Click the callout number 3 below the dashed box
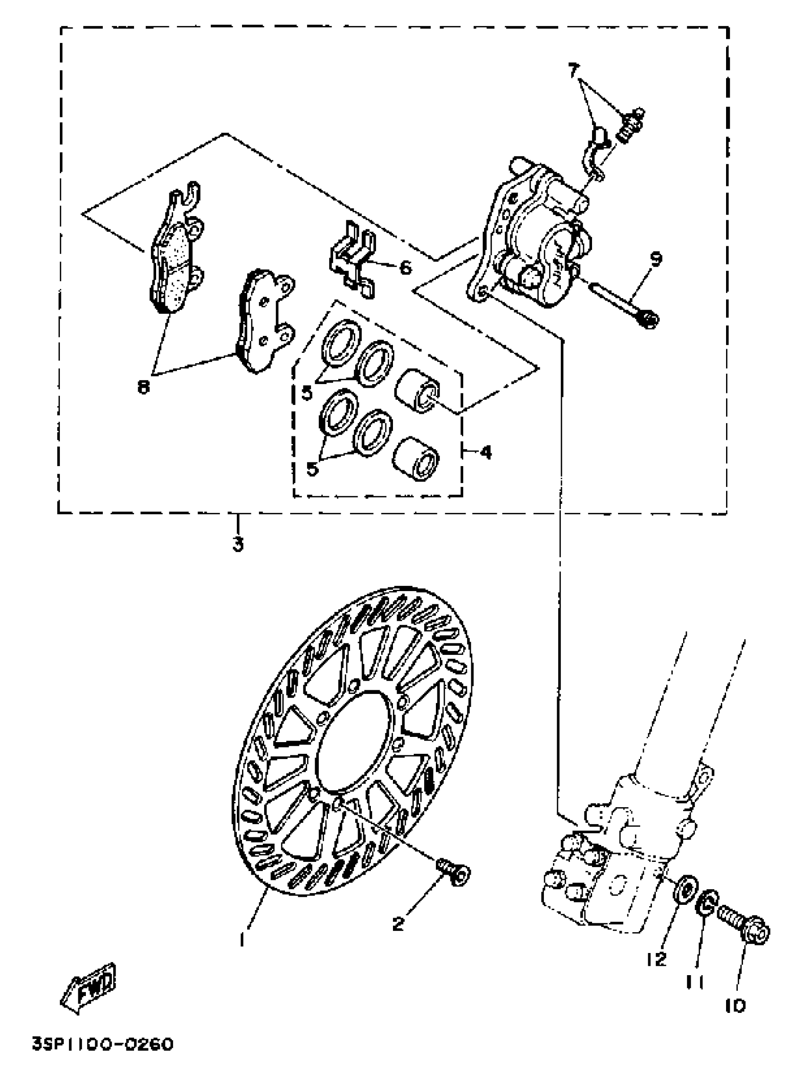[x=237, y=544]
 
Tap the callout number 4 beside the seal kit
[x=485, y=452]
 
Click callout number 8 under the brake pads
[x=143, y=387]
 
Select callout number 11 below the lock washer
[x=695, y=982]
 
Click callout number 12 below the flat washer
[x=656, y=959]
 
